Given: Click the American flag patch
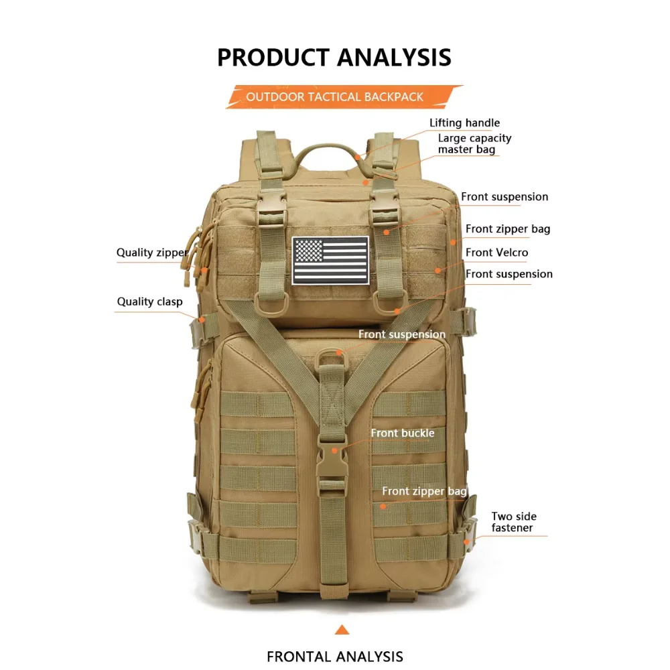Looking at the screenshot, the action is click(x=330, y=260).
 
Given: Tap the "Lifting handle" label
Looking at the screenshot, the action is click(x=464, y=123).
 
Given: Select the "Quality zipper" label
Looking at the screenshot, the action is click(x=152, y=253).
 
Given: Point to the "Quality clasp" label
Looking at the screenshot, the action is click(x=149, y=301).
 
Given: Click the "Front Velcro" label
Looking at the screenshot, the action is click(x=496, y=253).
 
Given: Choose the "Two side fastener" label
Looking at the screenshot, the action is click(x=514, y=522).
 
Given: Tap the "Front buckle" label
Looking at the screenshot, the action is click(x=403, y=433).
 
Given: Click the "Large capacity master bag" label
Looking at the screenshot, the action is click(x=474, y=143).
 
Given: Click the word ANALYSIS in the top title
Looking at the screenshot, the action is click(x=394, y=57).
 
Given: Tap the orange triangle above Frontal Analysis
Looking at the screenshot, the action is click(x=342, y=629).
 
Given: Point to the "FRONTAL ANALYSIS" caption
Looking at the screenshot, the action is click(x=334, y=656).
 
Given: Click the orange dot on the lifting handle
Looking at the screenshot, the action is click(x=357, y=157).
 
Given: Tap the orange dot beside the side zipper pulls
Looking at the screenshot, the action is click(x=204, y=270).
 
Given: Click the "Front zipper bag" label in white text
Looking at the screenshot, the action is click(x=424, y=491).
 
